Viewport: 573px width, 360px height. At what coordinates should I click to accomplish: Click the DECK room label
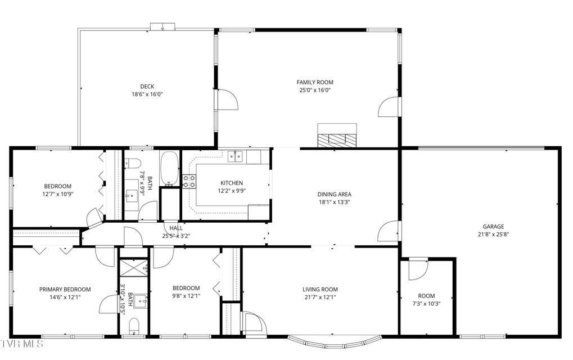[147, 87]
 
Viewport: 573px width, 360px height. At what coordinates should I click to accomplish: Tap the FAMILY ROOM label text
[315, 82]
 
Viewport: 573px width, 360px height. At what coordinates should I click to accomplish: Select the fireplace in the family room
[337, 136]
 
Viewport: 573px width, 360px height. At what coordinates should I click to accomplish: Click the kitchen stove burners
[189, 181]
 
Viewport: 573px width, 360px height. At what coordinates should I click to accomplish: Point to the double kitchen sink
[236, 156]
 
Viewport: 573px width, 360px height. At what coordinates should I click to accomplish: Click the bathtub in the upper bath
[169, 168]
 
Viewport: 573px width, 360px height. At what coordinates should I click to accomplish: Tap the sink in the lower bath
[140, 301]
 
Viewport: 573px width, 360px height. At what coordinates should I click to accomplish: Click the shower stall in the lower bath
[134, 271]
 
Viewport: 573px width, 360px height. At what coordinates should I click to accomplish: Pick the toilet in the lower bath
[134, 326]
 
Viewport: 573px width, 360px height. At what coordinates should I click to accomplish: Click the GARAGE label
[493, 227]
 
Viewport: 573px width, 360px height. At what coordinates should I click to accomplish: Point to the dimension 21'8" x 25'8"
[493, 234]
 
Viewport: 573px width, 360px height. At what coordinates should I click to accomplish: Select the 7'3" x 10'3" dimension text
[426, 303]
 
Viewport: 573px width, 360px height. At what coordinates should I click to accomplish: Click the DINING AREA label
[334, 195]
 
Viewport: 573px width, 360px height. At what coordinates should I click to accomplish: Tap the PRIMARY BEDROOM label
[65, 290]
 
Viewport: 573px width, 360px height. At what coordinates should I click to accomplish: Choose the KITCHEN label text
[232, 183]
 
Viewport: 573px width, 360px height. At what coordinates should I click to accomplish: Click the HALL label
[176, 228]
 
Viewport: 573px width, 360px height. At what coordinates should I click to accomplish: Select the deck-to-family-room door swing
[227, 100]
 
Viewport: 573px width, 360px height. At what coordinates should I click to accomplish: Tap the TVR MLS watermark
[21, 344]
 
